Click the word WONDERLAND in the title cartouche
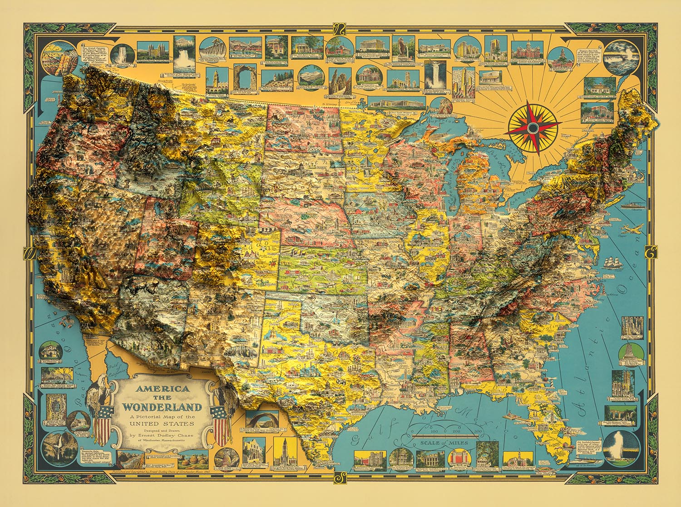pos(162,407)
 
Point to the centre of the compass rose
pos(533,128)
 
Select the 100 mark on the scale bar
pos(434,431)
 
